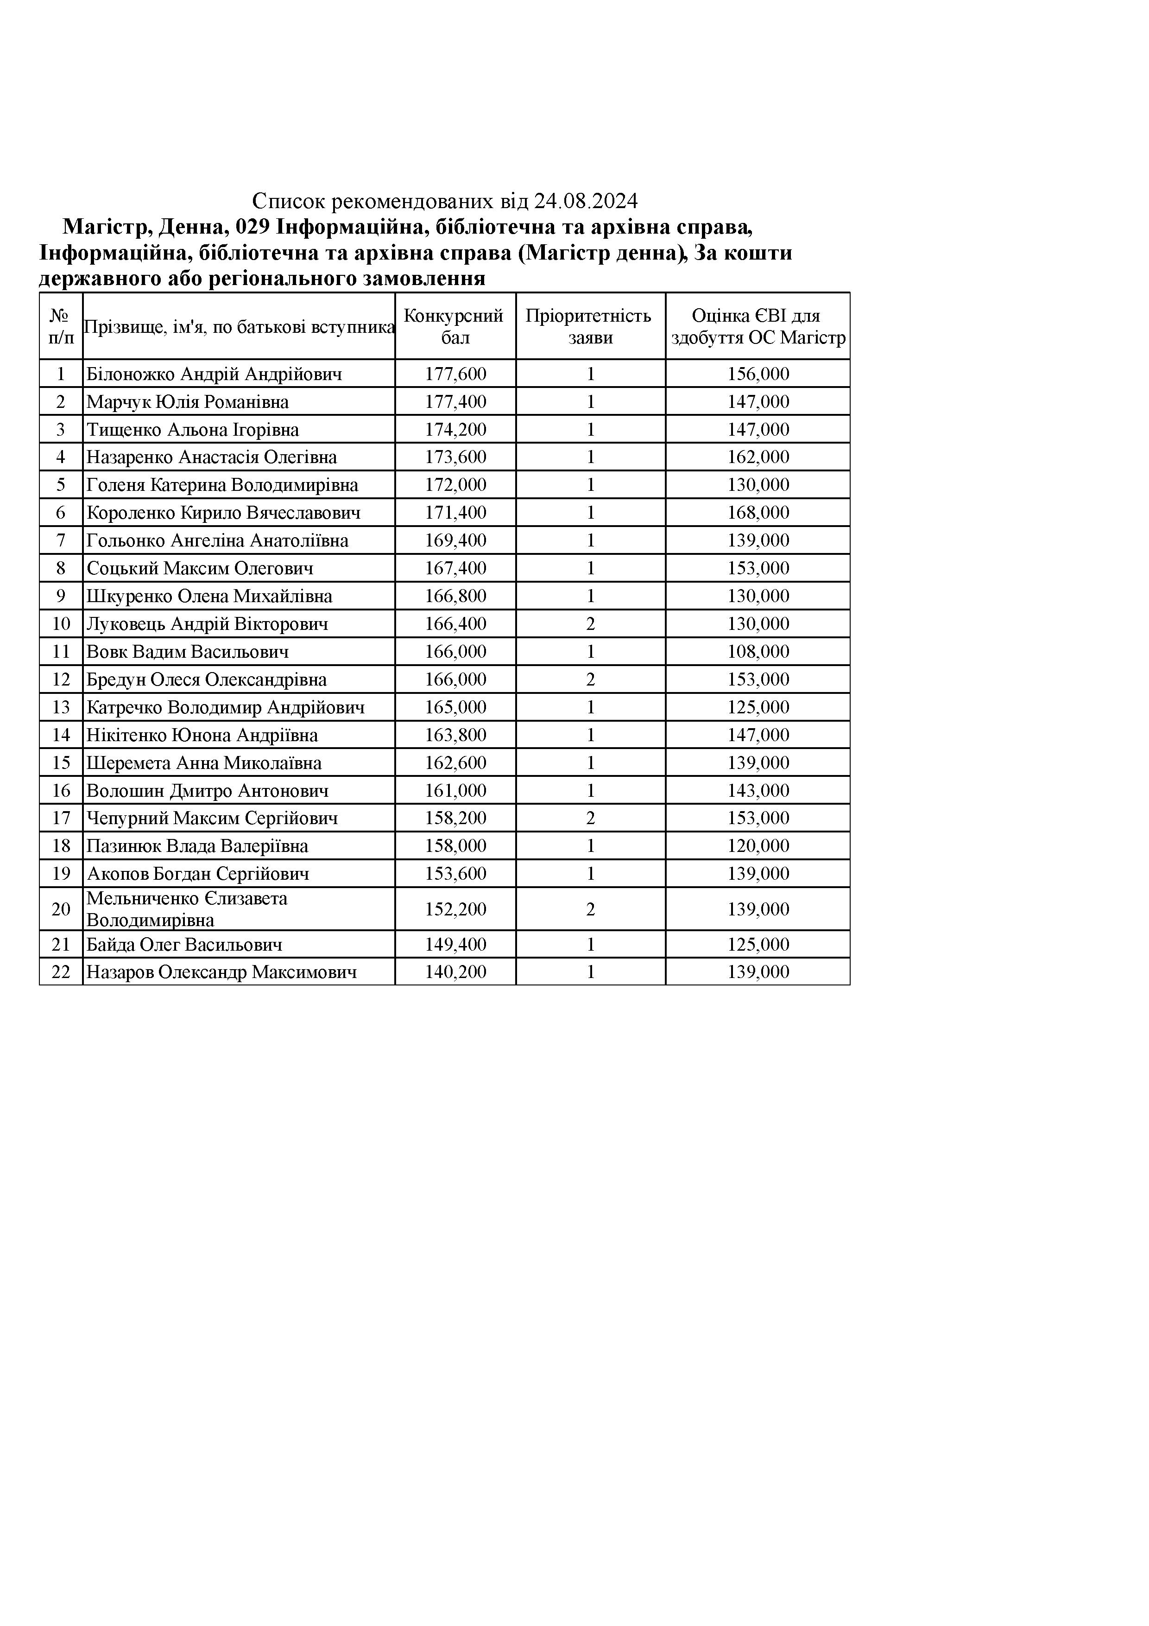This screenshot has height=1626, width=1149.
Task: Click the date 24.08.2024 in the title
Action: click(x=586, y=202)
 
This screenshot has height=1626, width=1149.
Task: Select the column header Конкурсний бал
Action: click(x=455, y=326)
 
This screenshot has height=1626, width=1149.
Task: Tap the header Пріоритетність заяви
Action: click(x=590, y=326)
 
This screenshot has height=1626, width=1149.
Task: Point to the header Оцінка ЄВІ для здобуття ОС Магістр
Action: click(x=758, y=326)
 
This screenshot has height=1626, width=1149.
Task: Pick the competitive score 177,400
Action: click(x=455, y=401)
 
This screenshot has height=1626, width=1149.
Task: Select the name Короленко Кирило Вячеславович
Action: click(x=223, y=513)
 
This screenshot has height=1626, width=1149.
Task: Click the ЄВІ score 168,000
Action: click(x=758, y=513)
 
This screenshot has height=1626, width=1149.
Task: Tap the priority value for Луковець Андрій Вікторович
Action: click(x=590, y=624)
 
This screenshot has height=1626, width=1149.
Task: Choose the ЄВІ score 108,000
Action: click(x=758, y=652)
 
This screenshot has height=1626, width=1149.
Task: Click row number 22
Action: click(x=61, y=972)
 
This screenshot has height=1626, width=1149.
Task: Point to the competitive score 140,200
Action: click(x=455, y=972)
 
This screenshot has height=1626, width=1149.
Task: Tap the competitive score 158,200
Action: click(x=455, y=818)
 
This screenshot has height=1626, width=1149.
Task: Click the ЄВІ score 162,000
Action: click(x=758, y=457)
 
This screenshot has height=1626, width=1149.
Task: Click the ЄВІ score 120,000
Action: click(x=758, y=845)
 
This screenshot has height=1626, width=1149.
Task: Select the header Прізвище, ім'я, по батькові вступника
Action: click(x=239, y=326)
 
